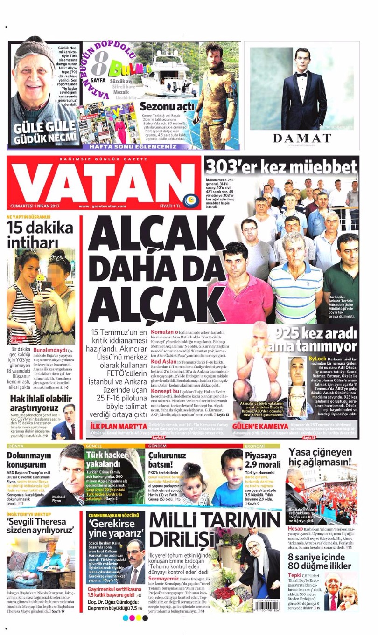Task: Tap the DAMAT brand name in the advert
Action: pyautogui.click(x=301, y=138)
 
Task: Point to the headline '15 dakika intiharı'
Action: pyautogui.click(x=40, y=235)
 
